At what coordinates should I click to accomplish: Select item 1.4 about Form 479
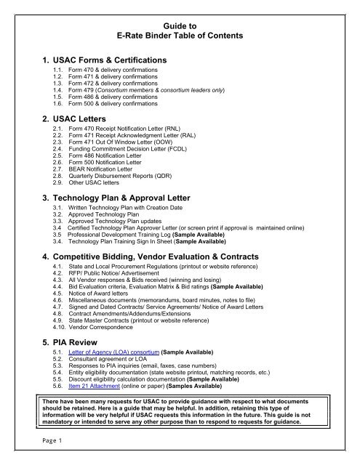[128, 95]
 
